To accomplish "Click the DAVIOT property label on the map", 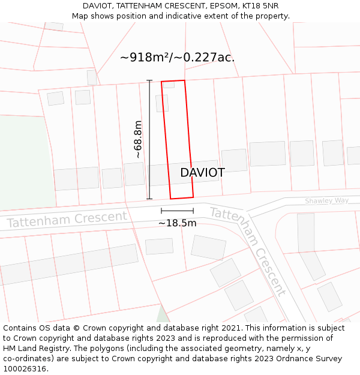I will pyautogui.click(x=202, y=173).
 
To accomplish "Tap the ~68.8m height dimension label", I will pyautogui.click(x=138, y=139).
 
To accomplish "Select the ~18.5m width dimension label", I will pyautogui.click(x=177, y=223).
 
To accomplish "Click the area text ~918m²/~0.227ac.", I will pyautogui.click(x=177, y=58).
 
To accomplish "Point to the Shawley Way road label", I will pyautogui.click(x=326, y=201).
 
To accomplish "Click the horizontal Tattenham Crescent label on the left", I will pyautogui.click(x=67, y=219).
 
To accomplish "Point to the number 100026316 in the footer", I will pyautogui.click(x=23, y=368).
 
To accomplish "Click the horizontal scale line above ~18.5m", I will pyautogui.click(x=177, y=211).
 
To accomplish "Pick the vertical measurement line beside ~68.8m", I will pyautogui.click(x=149, y=139).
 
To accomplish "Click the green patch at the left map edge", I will pyautogui.click(x=24, y=162).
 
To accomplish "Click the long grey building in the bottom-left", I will pyautogui.click(x=69, y=264).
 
